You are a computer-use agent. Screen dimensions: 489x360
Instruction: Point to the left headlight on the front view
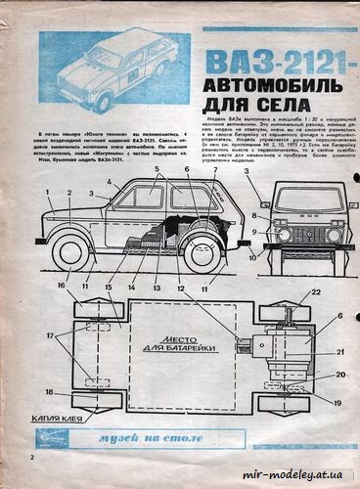[x=284, y=235]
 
